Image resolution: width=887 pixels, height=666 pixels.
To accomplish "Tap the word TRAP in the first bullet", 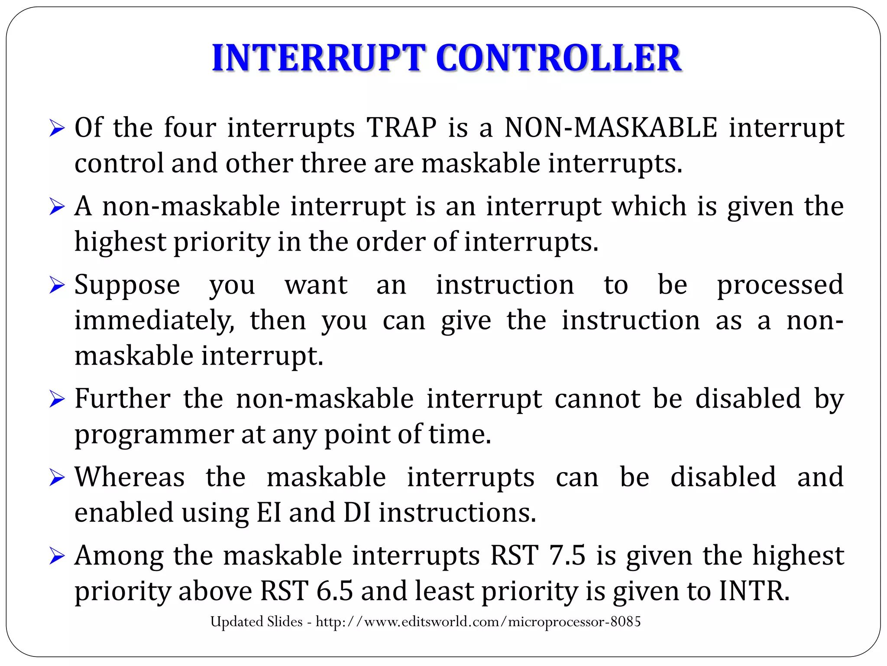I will pyautogui.click(x=401, y=128).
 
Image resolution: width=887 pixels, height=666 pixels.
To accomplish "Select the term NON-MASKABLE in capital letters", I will pyautogui.click(x=611, y=128).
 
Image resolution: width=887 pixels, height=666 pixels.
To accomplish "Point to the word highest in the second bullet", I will pyautogui.click(x=120, y=242).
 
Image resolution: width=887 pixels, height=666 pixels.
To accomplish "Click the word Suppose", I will pyautogui.click(x=127, y=286).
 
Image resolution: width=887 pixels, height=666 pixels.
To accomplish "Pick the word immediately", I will pyautogui.click(x=154, y=321).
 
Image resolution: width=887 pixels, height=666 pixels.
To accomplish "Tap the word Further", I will pyautogui.click(x=123, y=399).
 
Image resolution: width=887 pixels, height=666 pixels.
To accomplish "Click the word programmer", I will pyautogui.click(x=154, y=435).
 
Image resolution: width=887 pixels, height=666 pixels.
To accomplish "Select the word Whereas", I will pyautogui.click(x=130, y=477).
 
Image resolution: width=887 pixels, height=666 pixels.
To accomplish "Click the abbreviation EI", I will pyautogui.click(x=269, y=513).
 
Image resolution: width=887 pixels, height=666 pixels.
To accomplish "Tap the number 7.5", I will pyautogui.click(x=567, y=555).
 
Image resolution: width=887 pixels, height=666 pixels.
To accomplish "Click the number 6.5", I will pyautogui.click(x=334, y=591).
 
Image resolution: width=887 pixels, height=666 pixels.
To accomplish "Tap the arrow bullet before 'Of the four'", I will pyautogui.click(x=57, y=128).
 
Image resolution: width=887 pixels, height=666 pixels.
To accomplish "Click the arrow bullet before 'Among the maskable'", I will pyautogui.click(x=57, y=556).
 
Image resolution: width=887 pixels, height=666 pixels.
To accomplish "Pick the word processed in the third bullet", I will pyautogui.click(x=780, y=286).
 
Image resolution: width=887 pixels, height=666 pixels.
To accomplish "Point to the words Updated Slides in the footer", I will pyautogui.click(x=256, y=622).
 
